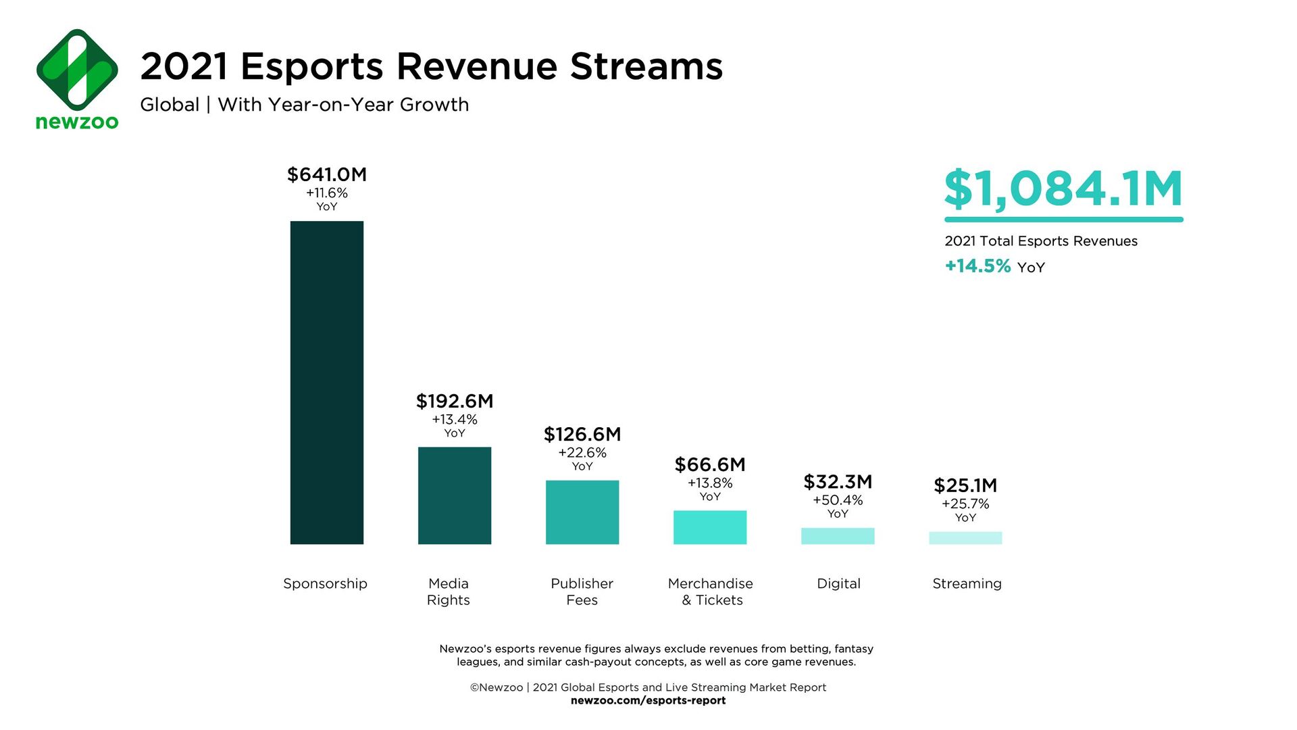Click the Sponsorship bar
click(326, 383)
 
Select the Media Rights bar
click(454, 495)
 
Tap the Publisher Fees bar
click(582, 512)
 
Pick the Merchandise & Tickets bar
click(709, 527)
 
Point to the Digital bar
click(837, 536)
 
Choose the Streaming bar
click(965, 538)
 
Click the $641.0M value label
click(326, 174)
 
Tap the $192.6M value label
click(454, 401)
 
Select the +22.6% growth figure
click(582, 453)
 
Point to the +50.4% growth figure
click(837, 500)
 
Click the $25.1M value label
click(965, 485)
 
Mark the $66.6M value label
click(709, 465)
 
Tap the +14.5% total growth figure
click(977, 266)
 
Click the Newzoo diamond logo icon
click(77, 70)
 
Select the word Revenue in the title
click(476, 66)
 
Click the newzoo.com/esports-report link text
click(648, 700)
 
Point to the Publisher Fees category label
click(582, 591)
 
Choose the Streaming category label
click(967, 583)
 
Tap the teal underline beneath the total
click(1063, 220)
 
